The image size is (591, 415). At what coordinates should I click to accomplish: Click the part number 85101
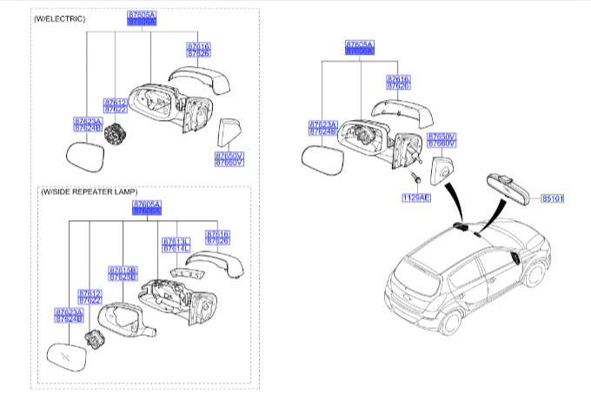553,198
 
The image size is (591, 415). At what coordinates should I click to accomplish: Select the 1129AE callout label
415,198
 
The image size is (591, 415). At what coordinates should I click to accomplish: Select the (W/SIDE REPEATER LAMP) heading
89,191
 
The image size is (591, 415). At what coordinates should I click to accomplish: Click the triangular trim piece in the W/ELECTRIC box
229,134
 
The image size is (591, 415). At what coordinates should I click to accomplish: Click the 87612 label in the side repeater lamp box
90,293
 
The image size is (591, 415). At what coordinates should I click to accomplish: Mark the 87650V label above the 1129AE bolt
442,137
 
